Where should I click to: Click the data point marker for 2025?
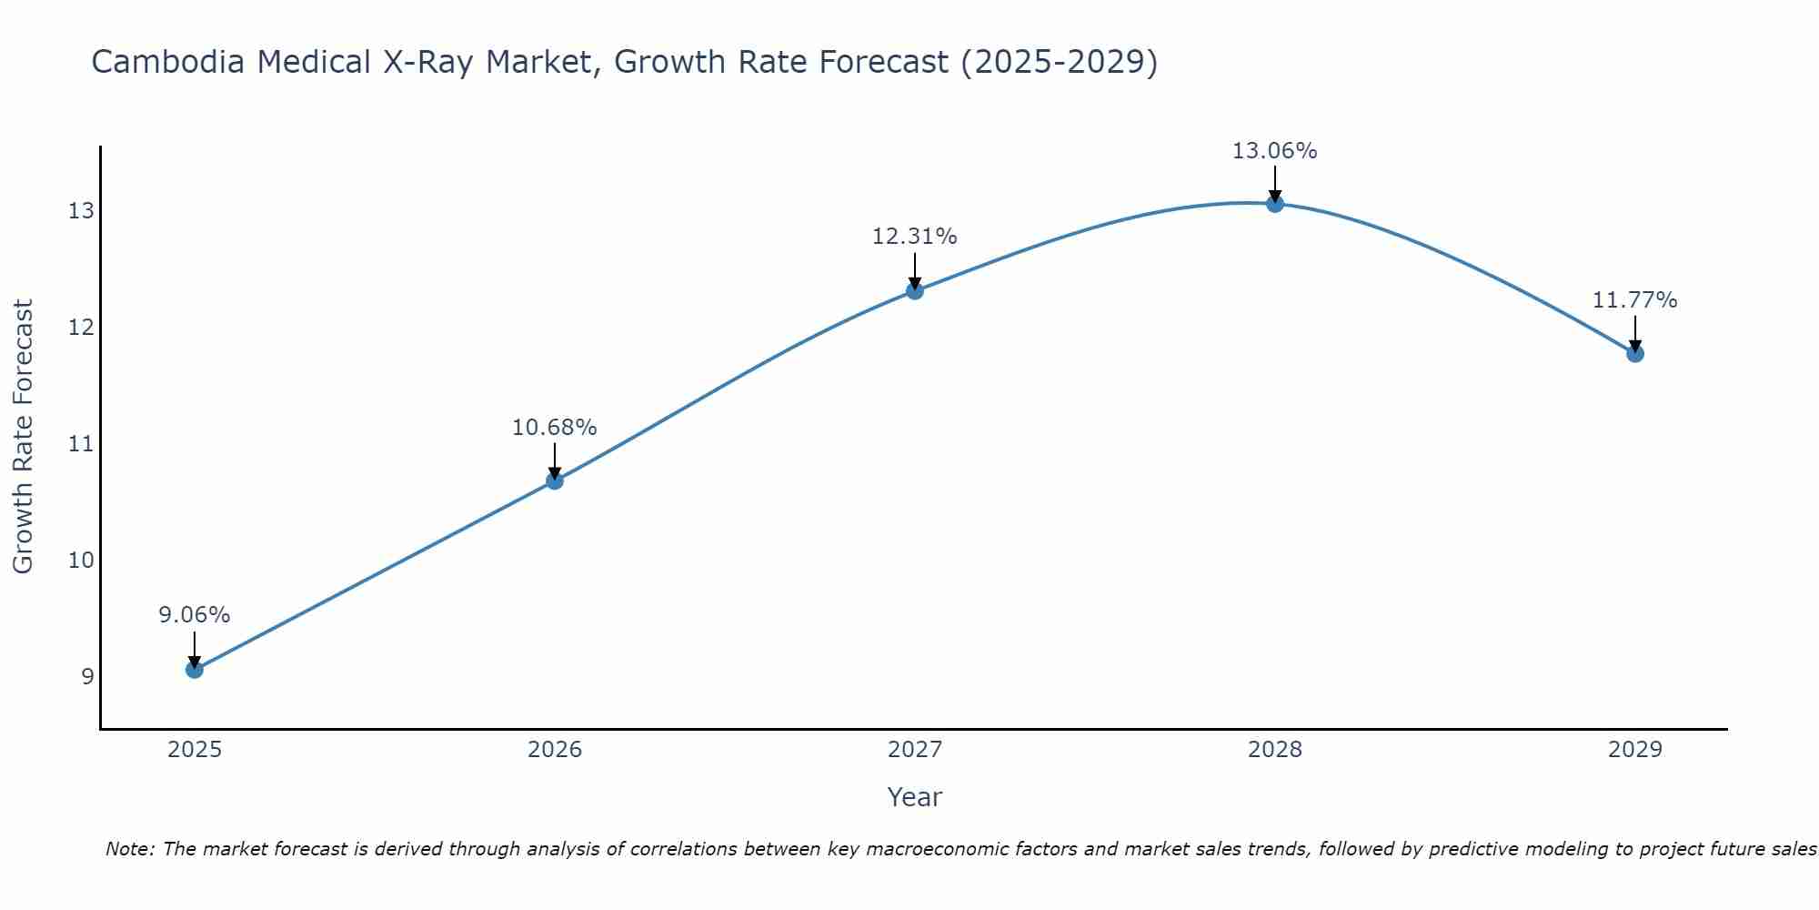tap(195, 670)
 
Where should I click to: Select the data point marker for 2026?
tap(555, 480)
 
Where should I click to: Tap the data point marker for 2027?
tap(915, 291)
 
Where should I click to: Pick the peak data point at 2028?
tap(1275, 204)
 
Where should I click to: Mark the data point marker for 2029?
tap(1635, 354)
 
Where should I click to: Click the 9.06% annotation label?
tap(195, 615)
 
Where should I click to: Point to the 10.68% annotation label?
tap(555, 428)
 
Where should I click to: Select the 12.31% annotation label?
tap(915, 237)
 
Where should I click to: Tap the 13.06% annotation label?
tap(1275, 151)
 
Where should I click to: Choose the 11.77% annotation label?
tap(1635, 300)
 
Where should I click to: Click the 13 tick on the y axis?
tap(81, 211)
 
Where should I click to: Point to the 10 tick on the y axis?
tap(81, 560)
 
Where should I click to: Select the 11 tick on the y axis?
tap(81, 444)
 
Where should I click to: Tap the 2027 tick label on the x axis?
tap(915, 750)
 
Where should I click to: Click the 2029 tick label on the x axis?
tap(1635, 750)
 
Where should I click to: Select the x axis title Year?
tap(915, 797)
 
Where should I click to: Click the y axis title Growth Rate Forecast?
tap(24, 437)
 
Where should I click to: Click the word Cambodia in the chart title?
tap(168, 62)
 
